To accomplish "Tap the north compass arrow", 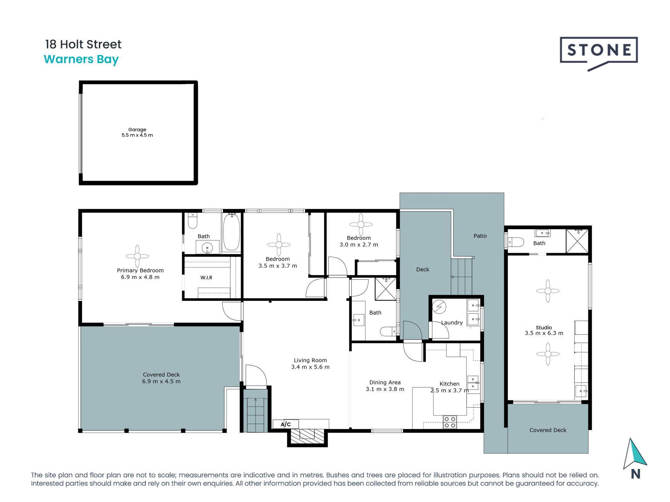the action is [635, 454].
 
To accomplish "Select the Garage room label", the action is [137, 130].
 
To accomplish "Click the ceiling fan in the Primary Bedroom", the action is [137, 256].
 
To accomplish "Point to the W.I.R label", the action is [206, 278].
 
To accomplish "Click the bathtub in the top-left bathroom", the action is [231, 232].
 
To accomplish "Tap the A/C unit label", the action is [286, 424].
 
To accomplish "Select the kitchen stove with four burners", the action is [450, 422].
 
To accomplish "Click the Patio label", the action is [480, 236].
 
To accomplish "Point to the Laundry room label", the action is [452, 323].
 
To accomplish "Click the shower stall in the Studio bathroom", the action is [577, 241].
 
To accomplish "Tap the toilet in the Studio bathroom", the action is [515, 242].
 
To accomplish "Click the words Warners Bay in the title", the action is [81, 60].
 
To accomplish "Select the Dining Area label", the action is [385, 382].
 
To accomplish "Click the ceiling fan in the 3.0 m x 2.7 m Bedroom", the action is [361, 225].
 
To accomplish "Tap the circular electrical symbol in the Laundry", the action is [439, 307].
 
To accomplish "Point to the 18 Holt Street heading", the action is [83, 44].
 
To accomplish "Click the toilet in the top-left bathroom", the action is [193, 221].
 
